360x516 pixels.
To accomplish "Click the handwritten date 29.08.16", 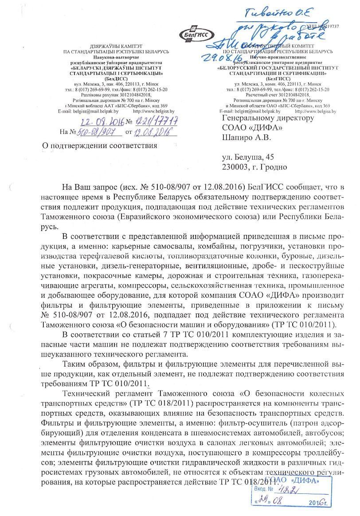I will [219, 57].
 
